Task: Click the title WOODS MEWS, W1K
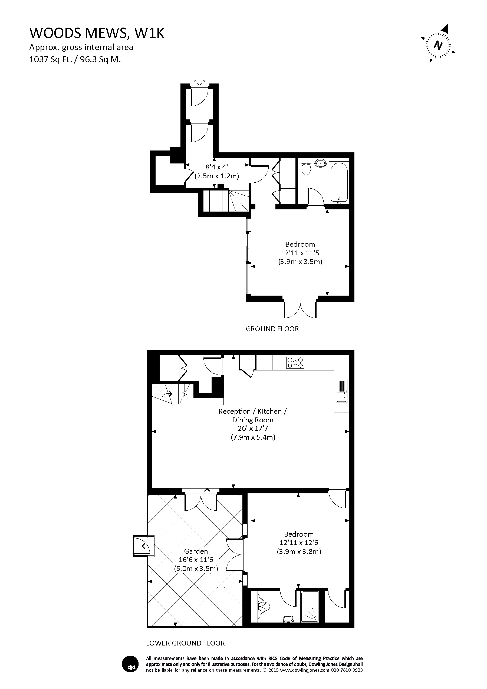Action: (97, 33)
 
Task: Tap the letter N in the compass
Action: (438, 46)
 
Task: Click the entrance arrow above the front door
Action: (199, 80)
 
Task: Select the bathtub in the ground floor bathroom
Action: (339, 183)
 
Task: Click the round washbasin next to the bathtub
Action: (321, 163)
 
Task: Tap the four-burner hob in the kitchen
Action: (295, 362)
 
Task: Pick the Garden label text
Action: (196, 551)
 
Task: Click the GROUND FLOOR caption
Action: (272, 329)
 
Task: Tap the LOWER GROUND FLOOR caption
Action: (185, 643)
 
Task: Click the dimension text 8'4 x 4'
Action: (217, 167)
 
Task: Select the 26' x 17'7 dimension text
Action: (253, 429)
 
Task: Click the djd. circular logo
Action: (130, 664)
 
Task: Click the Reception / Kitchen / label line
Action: (253, 412)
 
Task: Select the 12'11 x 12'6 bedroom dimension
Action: (299, 543)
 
